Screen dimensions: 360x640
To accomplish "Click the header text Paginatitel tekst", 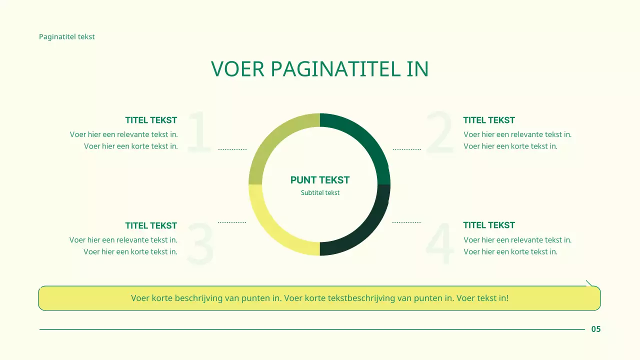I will point(66,36).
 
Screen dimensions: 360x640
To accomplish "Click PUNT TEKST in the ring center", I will point(320,180).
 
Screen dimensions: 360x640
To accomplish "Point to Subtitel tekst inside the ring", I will point(320,192).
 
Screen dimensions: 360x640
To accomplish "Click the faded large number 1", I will point(199,132).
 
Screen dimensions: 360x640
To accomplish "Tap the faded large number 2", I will point(440,132).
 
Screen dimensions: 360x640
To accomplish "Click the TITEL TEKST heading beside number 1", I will point(151,120).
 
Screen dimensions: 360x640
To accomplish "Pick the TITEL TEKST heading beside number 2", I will point(488,120).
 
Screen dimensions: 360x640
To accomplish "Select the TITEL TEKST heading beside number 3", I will point(151,225).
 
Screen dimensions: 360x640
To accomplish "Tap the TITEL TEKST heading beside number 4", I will point(488,225).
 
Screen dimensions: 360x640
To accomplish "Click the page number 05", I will point(596,329).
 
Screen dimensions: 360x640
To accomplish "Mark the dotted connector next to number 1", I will point(232,149).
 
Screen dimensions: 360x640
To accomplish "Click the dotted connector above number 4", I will point(406,222).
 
